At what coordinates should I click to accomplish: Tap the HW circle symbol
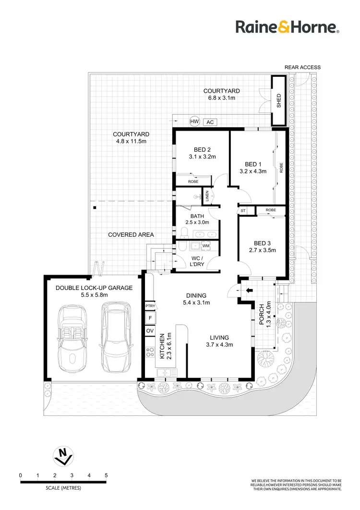pos(194,122)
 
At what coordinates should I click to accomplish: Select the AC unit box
pos(210,122)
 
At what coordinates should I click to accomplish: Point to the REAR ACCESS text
pos(302,67)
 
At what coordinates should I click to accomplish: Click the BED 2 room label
pos(202,149)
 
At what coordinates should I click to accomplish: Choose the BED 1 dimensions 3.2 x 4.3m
pos(252,170)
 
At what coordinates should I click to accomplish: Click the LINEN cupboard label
pos(207,196)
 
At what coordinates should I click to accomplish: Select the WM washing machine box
pos(206,246)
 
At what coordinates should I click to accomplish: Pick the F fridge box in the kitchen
pos(149,318)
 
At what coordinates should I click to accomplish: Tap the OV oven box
pos(149,331)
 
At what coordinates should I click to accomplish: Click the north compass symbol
pos(62,456)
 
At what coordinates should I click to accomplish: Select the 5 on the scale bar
pos(106,475)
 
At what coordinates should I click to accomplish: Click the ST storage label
pos(243,210)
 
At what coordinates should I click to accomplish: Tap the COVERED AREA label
pos(131,234)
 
